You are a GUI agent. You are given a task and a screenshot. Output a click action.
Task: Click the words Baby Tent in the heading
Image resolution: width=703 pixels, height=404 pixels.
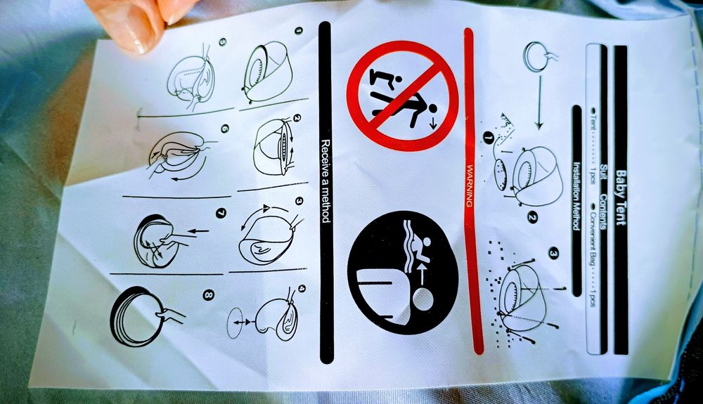[x=621, y=197]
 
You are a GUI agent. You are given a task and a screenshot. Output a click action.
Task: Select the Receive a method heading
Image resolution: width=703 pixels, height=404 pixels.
[x=325, y=181]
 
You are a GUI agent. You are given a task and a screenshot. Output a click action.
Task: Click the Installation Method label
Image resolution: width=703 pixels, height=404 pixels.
[x=576, y=196]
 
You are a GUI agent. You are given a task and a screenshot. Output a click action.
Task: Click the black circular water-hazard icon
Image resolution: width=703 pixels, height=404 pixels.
[x=403, y=273]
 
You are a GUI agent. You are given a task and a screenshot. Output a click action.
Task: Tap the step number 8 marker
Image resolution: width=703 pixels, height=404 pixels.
[x=209, y=294]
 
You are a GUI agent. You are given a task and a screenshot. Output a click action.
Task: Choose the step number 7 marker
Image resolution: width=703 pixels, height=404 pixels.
[x=221, y=213]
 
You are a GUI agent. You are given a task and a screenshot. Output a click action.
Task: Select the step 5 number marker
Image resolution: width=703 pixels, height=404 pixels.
[x=222, y=42]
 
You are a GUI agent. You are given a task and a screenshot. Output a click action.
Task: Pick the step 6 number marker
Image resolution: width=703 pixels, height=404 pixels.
[x=225, y=129]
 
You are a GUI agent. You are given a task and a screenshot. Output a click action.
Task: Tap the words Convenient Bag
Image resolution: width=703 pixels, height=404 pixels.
[x=592, y=238]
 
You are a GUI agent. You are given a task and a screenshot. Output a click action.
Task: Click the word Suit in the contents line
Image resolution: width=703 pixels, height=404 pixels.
[x=603, y=171]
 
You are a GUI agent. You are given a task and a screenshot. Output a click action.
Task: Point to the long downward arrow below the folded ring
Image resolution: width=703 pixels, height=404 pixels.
[x=539, y=103]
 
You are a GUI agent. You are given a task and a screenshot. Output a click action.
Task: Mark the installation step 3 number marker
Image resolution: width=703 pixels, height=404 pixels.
[x=554, y=254]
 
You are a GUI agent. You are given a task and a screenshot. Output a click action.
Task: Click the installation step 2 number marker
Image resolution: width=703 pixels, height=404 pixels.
[x=532, y=218]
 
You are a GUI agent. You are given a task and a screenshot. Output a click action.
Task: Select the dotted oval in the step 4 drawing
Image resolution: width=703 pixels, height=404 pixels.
[x=235, y=323]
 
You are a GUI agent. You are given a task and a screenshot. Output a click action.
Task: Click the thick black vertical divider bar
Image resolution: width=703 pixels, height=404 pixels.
[x=326, y=193]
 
